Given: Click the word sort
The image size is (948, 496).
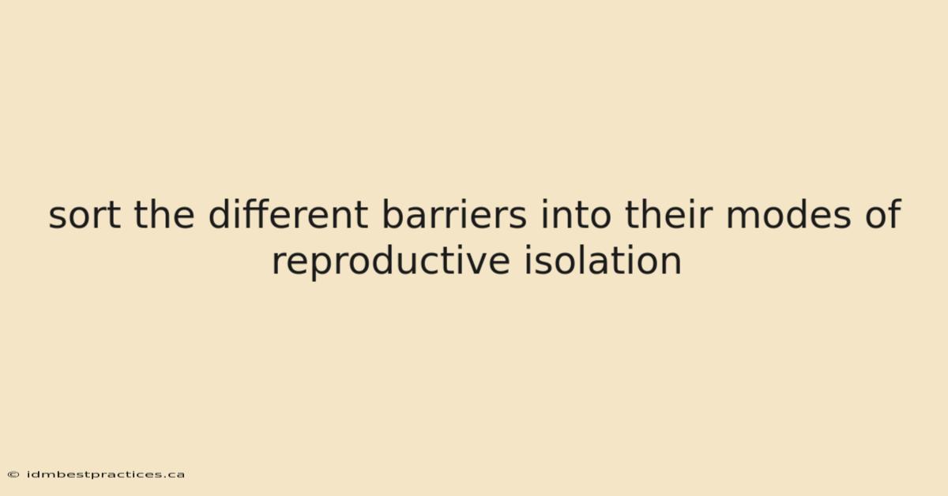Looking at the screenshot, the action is [85, 215].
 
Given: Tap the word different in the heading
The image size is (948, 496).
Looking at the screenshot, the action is [288, 214].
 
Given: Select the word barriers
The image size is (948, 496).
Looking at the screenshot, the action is [454, 214].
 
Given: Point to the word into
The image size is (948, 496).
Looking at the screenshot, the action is [576, 214].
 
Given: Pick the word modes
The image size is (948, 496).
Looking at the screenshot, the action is [788, 214].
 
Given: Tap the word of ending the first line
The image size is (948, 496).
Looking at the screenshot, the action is [883, 214].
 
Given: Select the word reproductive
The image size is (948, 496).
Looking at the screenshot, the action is [390, 261].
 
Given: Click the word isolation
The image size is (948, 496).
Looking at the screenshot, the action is [603, 260].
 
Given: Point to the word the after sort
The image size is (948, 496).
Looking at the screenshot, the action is [164, 214].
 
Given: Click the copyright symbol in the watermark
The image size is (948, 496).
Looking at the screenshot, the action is [13, 475].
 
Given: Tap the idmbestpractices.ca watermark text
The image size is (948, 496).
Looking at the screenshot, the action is [106, 475].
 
